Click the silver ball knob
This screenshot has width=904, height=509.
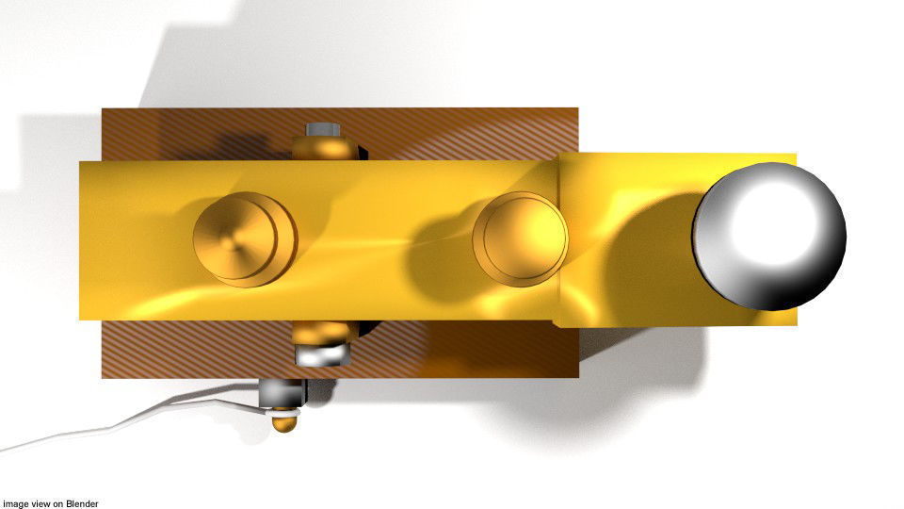[x=768, y=236]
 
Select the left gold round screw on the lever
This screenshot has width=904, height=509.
[x=244, y=238]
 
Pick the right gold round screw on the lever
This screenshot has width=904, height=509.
[x=520, y=239]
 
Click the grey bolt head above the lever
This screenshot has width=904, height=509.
[x=323, y=129]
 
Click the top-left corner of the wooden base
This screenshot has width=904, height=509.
[x=104, y=110]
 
